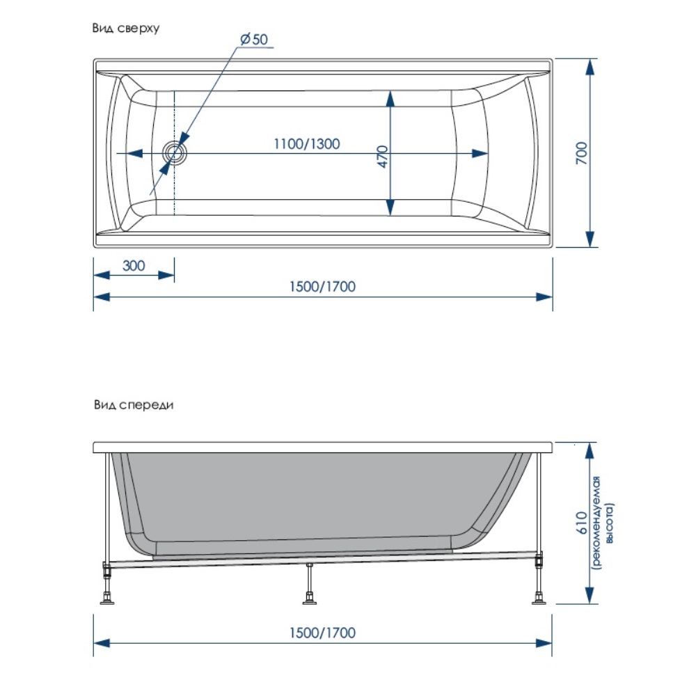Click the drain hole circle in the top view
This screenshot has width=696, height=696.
pos(174,152)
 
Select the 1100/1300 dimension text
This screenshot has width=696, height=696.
pos(306,144)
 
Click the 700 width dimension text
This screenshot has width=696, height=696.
pos(583,153)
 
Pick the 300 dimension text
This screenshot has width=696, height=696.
pos(134,265)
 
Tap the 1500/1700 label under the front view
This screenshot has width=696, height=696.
pos(322,633)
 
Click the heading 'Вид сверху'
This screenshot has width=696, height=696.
pos(126,29)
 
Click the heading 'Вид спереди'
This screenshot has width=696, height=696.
pos(132,405)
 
